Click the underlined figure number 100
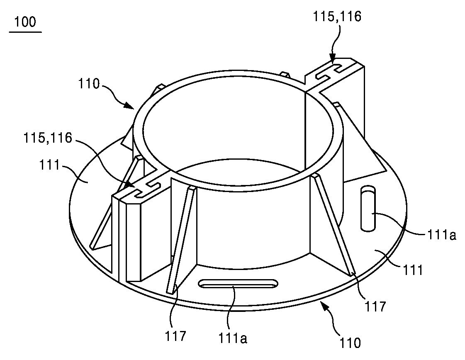point(25,22)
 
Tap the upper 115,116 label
point(337,17)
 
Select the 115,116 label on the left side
point(48,138)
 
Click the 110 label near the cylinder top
point(89,84)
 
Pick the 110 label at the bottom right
point(350,343)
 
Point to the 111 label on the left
point(49,165)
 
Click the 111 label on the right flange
point(413,270)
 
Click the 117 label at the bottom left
point(175,336)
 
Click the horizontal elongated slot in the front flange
point(239,283)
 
